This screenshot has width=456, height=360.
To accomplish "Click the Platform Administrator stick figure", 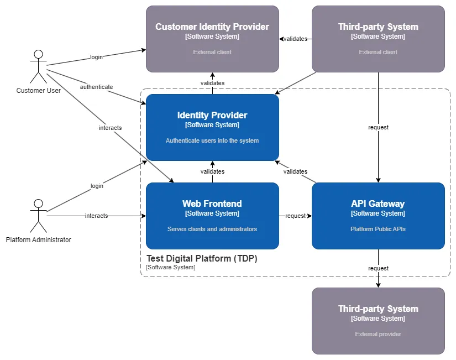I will [x=38, y=216].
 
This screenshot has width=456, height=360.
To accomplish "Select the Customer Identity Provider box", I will [x=212, y=39].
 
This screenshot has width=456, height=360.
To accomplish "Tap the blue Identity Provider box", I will [x=212, y=127].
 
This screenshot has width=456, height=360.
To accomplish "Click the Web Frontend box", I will [x=212, y=216].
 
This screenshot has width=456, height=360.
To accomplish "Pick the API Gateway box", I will [x=378, y=216].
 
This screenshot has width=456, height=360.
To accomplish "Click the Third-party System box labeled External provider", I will [x=378, y=321].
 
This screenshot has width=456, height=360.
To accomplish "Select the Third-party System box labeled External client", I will [x=378, y=39].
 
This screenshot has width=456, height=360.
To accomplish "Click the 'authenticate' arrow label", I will [x=96, y=87].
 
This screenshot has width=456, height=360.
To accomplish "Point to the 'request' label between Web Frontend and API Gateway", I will [x=295, y=216].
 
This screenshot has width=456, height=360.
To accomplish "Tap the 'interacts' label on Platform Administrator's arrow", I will [x=96, y=216].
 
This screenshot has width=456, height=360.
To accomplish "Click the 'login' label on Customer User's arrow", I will [x=96, y=57].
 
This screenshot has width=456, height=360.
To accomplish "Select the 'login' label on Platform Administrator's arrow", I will [x=97, y=186].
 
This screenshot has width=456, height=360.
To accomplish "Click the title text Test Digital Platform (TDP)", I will [x=202, y=258].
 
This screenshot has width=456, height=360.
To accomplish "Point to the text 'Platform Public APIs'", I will [x=378, y=229].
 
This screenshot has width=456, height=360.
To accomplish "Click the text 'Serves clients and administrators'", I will [x=212, y=229].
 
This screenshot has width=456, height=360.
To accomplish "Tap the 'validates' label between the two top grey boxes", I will [x=295, y=39].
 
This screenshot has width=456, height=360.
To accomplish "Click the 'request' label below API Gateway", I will [x=378, y=268].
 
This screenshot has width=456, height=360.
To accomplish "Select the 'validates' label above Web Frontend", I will [x=212, y=171].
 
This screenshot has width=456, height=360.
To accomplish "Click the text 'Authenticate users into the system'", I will [x=212, y=140].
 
